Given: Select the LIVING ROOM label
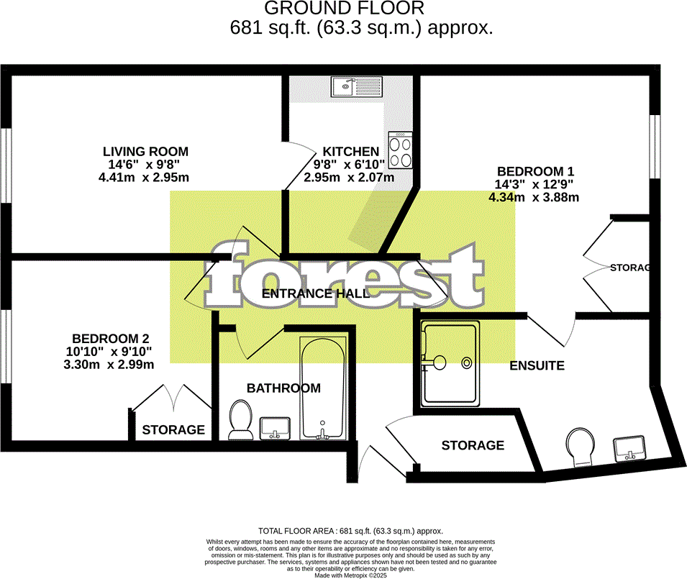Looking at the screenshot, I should pos(145,152).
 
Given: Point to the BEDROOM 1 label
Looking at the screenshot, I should pos(535,171).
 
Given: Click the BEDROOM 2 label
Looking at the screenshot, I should pos(110,339).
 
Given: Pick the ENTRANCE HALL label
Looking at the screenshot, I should pos(315,293).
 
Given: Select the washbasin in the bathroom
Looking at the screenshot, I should pos(273,427).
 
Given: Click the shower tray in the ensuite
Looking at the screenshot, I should pos(450,363).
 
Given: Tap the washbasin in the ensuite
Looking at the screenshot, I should pos(630,448).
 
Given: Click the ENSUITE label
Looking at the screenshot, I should pos(537,365).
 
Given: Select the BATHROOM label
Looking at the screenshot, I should pos(283,388).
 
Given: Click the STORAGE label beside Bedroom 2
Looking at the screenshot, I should pos(173,430).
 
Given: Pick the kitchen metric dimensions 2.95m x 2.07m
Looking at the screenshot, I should pos(349,177).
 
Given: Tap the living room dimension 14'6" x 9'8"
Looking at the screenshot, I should pos(145,165).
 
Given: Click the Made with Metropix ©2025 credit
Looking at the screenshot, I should pos(350,575).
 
